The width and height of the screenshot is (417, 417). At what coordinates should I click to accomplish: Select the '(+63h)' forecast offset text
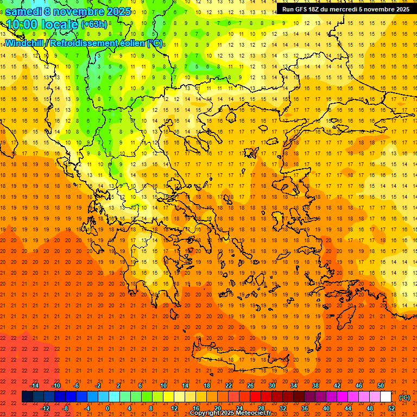point(93,24)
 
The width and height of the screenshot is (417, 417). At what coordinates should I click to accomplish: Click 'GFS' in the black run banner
point(302,9)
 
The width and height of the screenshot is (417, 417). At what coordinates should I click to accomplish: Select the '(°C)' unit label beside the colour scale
point(405,397)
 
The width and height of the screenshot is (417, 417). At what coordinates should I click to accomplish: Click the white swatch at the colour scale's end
point(386,397)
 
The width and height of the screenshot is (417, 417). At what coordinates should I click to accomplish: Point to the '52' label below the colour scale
point(391,408)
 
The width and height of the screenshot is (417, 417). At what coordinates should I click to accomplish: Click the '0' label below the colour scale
point(108,408)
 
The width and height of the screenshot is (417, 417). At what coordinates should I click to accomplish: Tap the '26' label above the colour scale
point(250,386)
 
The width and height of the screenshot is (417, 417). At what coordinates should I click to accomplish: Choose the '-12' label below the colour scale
point(45,408)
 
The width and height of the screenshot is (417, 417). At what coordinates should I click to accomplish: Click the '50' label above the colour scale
point(380,386)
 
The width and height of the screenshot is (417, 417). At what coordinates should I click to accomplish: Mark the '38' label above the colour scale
point(315,386)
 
